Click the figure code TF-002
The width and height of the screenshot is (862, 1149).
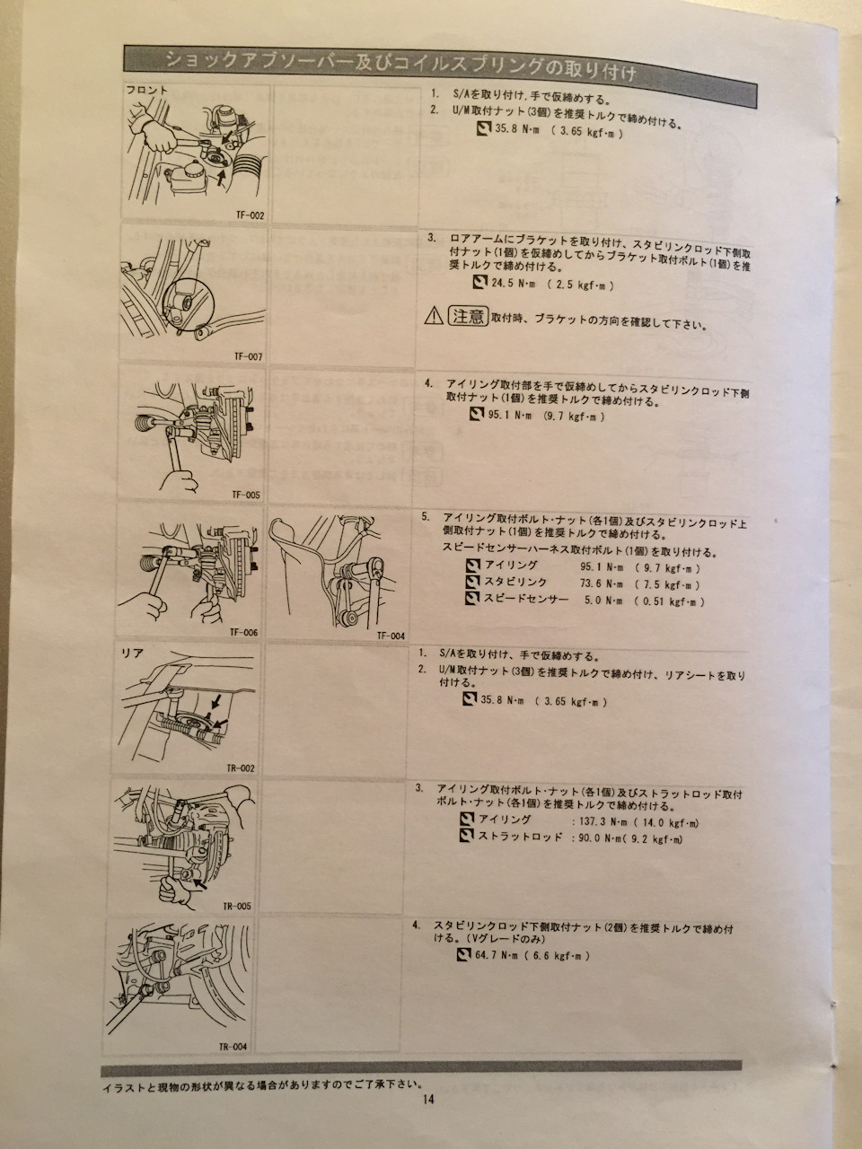tap(250, 215)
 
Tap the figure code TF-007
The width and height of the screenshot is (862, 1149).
tap(248, 356)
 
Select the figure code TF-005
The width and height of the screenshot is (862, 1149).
tap(245, 495)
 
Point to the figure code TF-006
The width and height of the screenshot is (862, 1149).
tap(243, 632)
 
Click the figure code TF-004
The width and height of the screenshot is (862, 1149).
tap(391, 636)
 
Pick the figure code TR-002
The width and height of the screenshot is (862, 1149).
tap(241, 768)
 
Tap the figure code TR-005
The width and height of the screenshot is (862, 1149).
tap(236, 906)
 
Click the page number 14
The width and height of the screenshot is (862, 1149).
tap(428, 1100)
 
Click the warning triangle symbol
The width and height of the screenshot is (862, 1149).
tap(434, 316)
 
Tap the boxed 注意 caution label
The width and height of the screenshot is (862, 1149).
tap(468, 316)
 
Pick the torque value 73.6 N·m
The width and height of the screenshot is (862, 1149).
tap(602, 583)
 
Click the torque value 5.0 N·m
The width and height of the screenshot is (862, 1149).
tap(603, 601)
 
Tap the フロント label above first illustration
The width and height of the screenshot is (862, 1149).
tap(147, 90)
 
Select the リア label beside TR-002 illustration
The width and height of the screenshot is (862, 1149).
tap(132, 653)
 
